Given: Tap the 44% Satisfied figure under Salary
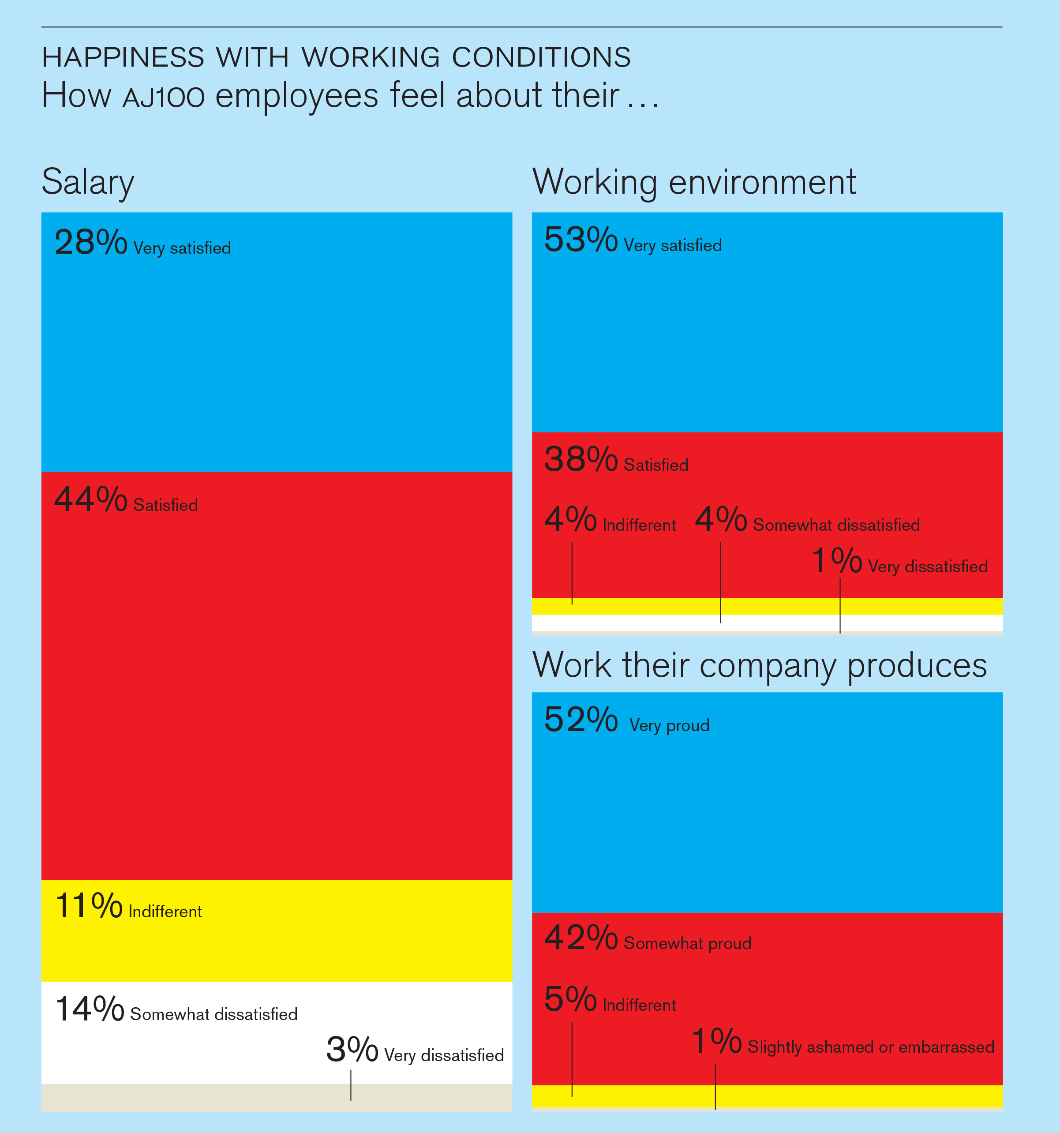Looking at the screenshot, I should pyautogui.click(x=90, y=500).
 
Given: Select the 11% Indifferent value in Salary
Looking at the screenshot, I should pyautogui.click(x=88, y=906).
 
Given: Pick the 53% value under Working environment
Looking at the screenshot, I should pyautogui.click(x=580, y=240).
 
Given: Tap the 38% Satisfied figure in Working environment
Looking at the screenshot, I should pyautogui.click(x=580, y=459).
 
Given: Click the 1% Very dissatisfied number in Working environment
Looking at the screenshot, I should pyautogui.click(x=836, y=561).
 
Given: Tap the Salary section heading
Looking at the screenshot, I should pyautogui.click(x=88, y=182).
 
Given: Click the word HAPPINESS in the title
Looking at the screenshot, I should pyautogui.click(x=123, y=57).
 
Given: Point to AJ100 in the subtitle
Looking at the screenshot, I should pyautogui.click(x=164, y=97).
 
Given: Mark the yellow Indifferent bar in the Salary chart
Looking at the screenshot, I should pyautogui.click(x=277, y=946).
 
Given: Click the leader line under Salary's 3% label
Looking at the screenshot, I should pyautogui.click(x=351, y=1085).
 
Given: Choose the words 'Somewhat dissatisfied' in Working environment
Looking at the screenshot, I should pyautogui.click(x=836, y=525).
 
